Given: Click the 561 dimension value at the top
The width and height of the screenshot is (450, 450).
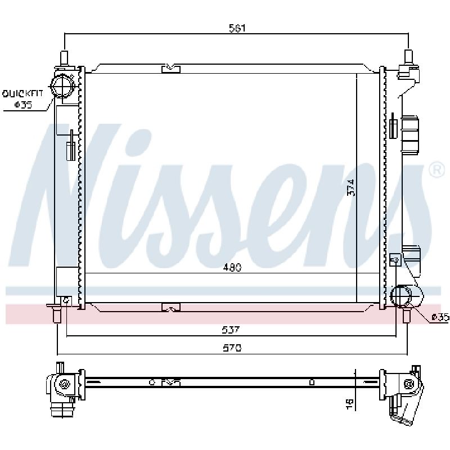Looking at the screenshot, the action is [x=237, y=28].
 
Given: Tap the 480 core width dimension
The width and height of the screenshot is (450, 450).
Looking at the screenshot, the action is [x=232, y=267].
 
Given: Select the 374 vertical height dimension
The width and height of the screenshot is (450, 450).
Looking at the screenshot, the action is [x=350, y=188].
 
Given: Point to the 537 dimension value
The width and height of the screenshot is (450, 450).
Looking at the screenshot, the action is [x=231, y=330].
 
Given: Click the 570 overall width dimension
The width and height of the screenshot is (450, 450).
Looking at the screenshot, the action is [x=232, y=348].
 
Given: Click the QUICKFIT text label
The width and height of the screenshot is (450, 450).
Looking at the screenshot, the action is [x=22, y=93].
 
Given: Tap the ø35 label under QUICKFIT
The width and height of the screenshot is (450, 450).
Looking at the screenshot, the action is [x=23, y=105].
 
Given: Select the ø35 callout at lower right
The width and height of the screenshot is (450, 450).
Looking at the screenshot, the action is [x=440, y=317].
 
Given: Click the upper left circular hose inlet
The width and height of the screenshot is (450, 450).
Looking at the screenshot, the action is [x=62, y=85].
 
